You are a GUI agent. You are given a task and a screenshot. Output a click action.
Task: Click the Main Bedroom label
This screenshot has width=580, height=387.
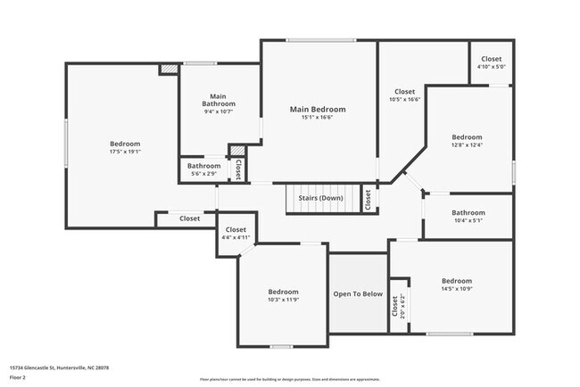[318, 110]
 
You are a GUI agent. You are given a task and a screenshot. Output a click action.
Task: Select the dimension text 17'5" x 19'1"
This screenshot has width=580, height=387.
[125, 152]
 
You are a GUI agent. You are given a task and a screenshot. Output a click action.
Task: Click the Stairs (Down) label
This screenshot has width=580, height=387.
[319, 198]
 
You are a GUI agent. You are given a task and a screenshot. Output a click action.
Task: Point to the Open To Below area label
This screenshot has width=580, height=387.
[358, 293]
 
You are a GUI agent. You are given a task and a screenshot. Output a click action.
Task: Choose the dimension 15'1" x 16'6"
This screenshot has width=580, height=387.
[318, 119]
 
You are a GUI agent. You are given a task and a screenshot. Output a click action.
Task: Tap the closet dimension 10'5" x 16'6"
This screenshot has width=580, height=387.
[405, 99]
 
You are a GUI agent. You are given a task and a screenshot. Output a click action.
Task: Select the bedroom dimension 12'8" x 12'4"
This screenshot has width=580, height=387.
[467, 145]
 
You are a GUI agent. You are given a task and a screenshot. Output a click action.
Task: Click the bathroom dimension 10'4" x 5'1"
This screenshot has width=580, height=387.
[468, 221]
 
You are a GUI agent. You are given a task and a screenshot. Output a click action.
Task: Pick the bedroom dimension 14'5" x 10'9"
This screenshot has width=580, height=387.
[456, 289]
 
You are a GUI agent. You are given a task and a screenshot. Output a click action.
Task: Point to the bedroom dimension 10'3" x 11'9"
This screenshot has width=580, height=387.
[284, 301]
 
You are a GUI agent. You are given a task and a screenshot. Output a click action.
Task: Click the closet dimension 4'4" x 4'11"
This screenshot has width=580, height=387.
[236, 238]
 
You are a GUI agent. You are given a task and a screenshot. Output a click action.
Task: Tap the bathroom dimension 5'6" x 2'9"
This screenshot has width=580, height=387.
[203, 173]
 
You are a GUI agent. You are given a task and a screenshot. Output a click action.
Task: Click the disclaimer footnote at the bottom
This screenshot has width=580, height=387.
[290, 379]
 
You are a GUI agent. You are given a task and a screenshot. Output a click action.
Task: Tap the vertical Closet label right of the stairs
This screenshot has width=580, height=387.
[368, 199]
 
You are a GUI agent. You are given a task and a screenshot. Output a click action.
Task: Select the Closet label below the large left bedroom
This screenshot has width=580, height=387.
[189, 218]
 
